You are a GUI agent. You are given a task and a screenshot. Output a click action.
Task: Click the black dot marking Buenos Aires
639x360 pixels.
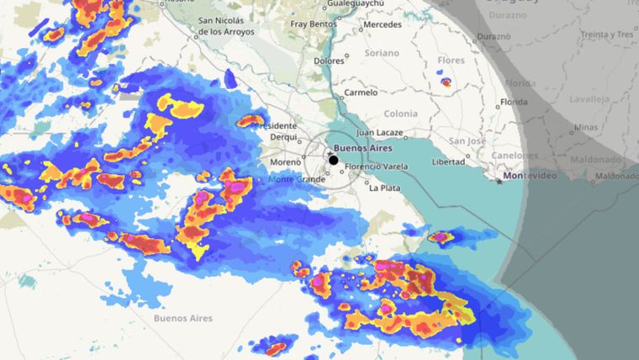click(334, 160)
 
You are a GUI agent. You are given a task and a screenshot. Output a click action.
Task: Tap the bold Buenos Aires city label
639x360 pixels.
click(362, 149)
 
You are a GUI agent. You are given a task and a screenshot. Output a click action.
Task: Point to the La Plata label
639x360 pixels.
click(384, 188)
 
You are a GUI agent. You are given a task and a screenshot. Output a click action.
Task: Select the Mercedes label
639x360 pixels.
click(383, 24)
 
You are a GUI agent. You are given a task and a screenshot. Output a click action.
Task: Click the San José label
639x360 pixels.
click(467, 140)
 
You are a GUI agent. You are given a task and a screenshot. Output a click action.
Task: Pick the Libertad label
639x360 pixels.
click(448, 161)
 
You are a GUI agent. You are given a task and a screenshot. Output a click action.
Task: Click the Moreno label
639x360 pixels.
click(285, 161)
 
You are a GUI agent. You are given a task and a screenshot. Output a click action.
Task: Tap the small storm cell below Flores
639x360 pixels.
click(446, 82)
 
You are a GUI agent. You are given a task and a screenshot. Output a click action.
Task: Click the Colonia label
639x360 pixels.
click(399, 114)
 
